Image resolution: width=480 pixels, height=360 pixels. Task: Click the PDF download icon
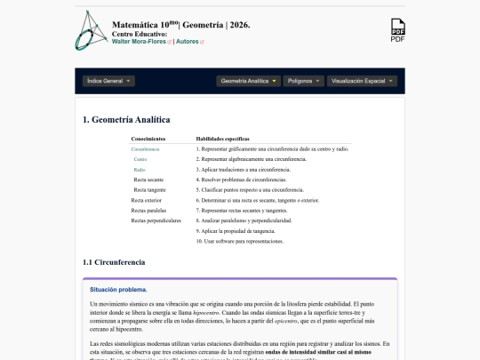pos(397,30)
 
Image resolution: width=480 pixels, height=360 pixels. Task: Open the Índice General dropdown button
pos(108,81)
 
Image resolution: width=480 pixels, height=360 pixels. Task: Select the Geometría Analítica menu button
pos(249,81)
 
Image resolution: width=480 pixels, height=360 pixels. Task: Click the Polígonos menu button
pos(304,81)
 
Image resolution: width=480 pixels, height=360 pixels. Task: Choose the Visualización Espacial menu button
pos(360,81)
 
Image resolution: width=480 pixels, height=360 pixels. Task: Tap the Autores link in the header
pos(188,41)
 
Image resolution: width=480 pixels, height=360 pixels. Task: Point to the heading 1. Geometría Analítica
pos(126,120)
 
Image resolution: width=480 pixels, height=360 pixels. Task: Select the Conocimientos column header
pos(148,140)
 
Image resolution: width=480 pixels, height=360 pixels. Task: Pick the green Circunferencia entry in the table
pos(145,149)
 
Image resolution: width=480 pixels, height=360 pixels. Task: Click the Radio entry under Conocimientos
pos(140,169)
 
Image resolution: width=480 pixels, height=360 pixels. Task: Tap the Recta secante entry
pos(148,180)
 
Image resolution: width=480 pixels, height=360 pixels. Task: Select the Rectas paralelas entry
pos(149,211)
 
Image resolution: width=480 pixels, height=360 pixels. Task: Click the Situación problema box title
pos(118,290)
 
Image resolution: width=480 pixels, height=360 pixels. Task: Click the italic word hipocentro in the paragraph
pos(230,314)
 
